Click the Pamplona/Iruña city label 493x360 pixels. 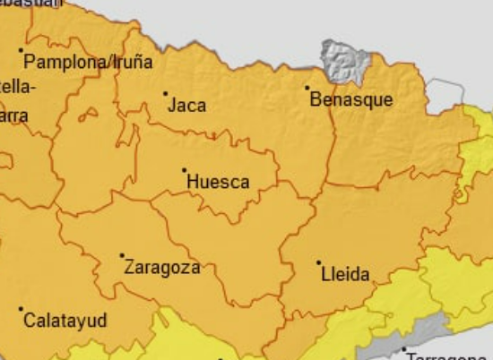pos(88,63)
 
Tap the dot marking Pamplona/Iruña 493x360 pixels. pos(22,50)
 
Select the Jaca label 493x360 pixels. pos(187,106)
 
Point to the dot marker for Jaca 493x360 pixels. pos(165,93)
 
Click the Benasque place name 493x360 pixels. pos(350,99)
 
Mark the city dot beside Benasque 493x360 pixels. pos(307,88)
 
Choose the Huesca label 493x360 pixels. pos(218,182)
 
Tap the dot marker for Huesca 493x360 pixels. pos(185,170)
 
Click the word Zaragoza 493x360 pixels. pos(161,267)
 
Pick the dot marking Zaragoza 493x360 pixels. pos(122,255)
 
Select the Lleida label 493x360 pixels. pos(345,275)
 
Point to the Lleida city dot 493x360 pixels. pos(318,263)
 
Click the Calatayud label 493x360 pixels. pos(65,321)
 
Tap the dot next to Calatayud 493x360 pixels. pos(21,309)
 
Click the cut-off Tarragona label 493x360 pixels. pos(448,356)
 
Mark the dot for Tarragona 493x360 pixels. pos(404,349)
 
